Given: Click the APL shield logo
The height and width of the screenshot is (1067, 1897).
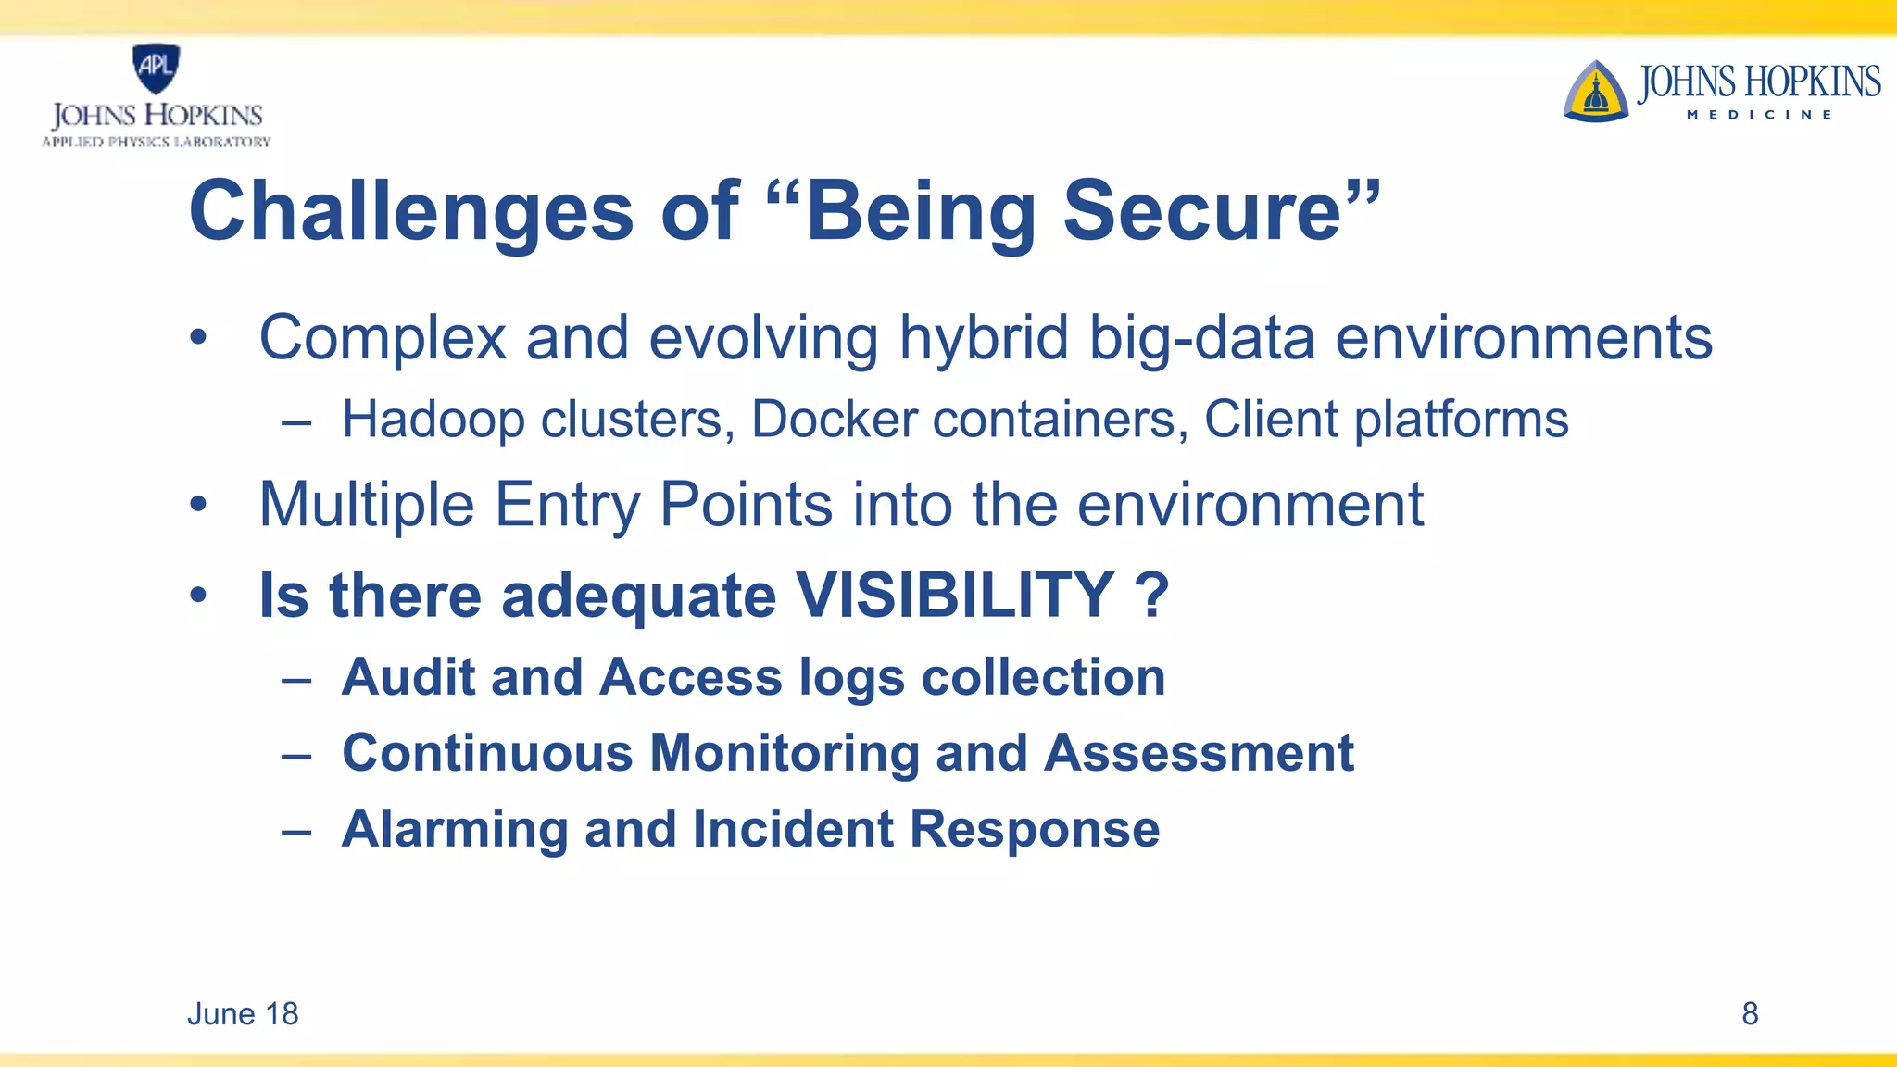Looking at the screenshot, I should (156, 68).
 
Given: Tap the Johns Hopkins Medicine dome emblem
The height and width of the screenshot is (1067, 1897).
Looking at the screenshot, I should (1595, 93).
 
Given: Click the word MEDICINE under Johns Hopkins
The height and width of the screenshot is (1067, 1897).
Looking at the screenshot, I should (1759, 115).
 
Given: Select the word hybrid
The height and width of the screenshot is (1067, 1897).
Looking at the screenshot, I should (984, 338).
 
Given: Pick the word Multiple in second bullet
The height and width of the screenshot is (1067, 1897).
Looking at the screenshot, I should (367, 506).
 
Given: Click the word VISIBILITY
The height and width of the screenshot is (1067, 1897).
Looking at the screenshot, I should (954, 595).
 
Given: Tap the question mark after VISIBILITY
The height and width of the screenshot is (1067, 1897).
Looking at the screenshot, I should (1151, 595).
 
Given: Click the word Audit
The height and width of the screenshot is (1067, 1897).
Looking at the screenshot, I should (408, 677).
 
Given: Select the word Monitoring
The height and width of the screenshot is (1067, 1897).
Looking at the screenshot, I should (784, 753).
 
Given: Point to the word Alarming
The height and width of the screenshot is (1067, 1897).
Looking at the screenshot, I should (454, 829).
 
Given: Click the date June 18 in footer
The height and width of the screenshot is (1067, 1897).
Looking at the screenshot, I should (243, 1014).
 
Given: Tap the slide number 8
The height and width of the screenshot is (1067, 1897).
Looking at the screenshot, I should (1749, 1014).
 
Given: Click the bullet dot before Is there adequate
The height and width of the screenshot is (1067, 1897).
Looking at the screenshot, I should (198, 596).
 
